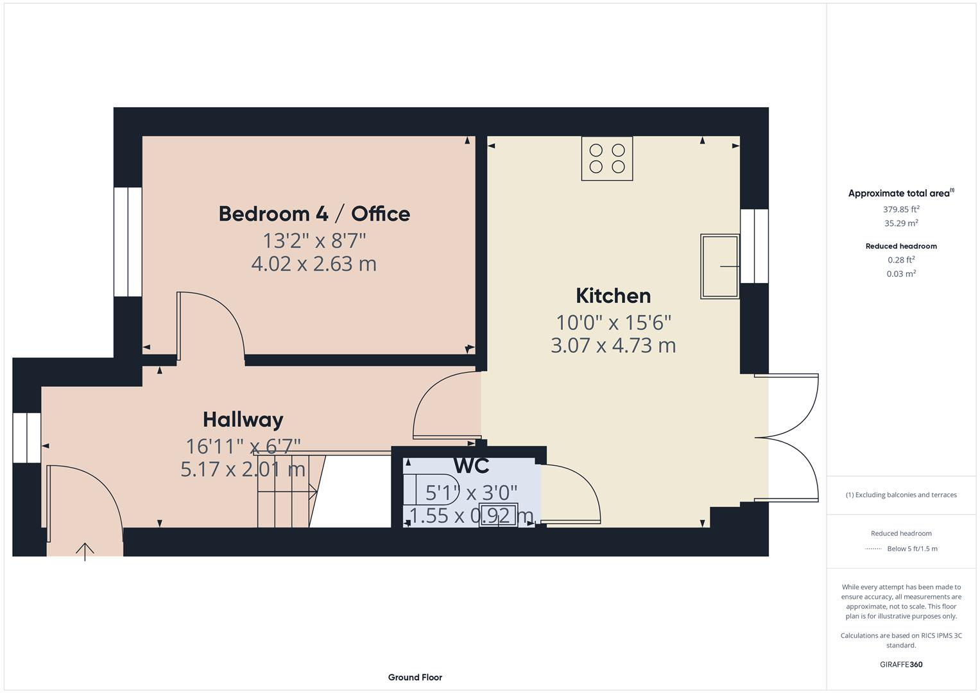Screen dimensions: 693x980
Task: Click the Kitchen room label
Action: [x=613, y=296]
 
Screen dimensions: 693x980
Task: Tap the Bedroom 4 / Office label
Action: [x=314, y=214]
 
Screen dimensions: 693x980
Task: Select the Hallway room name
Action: [x=243, y=420]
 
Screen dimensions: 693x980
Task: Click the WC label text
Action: [x=471, y=465]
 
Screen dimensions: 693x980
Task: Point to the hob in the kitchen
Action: [x=606, y=158]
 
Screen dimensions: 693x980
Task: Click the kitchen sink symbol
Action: [x=719, y=266]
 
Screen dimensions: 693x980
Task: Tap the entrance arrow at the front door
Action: [x=85, y=551]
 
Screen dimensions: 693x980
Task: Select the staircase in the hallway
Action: [x=286, y=492]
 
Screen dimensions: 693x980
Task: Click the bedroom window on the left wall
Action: [x=128, y=242]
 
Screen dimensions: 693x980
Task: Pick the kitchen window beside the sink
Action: [x=754, y=246]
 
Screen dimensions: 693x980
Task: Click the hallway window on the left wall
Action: [x=26, y=438]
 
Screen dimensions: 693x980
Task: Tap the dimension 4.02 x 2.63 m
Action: [x=314, y=264]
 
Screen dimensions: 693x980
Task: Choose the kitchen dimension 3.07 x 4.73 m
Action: [x=613, y=345]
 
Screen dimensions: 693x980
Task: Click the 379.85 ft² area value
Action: [x=901, y=209]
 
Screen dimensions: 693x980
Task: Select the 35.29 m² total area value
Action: [x=901, y=223]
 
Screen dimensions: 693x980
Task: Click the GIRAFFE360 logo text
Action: [x=901, y=664]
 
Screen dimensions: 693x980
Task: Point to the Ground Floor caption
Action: [x=415, y=677]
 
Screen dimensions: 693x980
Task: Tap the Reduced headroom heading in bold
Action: [x=901, y=246]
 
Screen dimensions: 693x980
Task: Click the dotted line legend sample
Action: [x=873, y=549]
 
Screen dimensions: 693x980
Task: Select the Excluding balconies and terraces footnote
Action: [x=901, y=495]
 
